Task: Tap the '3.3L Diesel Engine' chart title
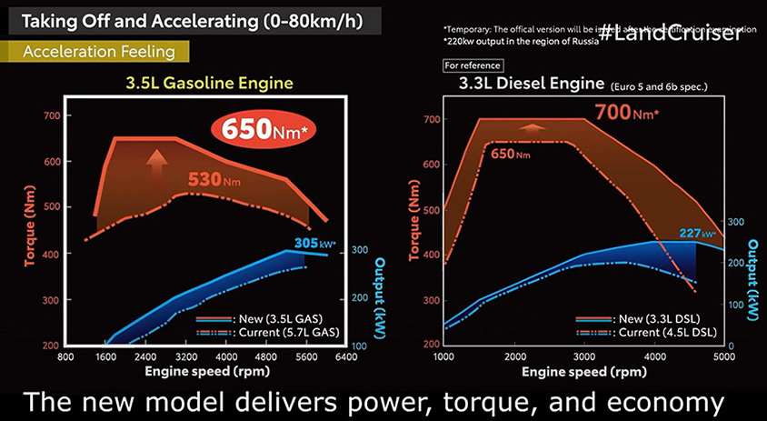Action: coord(523,84)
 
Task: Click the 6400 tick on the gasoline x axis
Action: coord(346,357)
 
